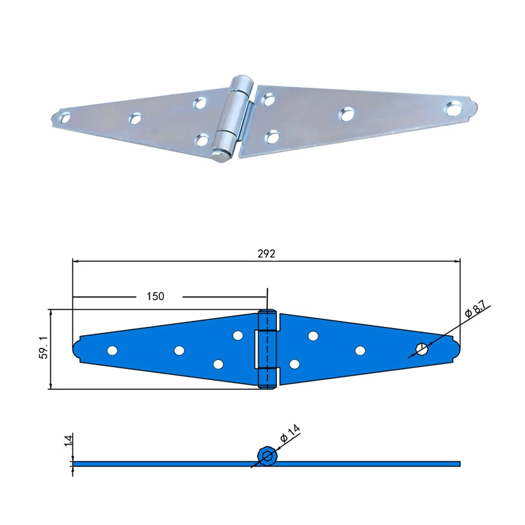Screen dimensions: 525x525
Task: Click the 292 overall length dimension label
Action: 266,254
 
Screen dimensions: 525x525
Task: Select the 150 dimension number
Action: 155,296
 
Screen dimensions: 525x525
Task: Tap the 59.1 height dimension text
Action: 44,348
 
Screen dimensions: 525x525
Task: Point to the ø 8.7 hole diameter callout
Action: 476,310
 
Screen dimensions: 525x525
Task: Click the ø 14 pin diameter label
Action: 290,434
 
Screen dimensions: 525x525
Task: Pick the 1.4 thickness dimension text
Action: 68,440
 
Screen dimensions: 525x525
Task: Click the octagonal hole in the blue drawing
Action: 421,349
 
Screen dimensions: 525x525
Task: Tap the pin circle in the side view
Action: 267,456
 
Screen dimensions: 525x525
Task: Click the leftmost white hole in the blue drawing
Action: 112,350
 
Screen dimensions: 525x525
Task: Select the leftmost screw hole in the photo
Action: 65,118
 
